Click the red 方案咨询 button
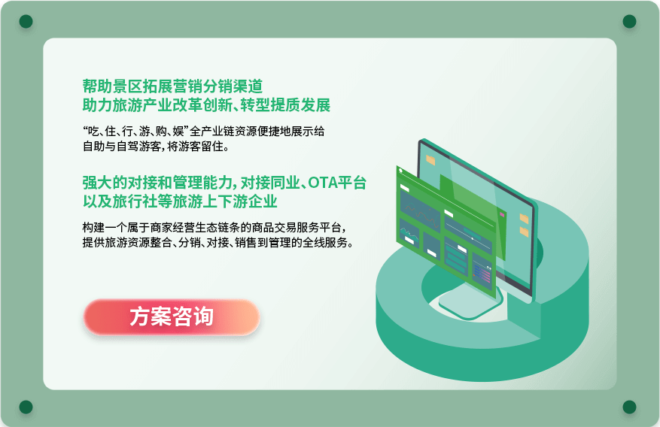[x=172, y=317]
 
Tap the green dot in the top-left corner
[x=26, y=21]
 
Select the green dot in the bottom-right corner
[x=629, y=407]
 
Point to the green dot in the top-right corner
[x=629, y=21]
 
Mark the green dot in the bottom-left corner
[x=26, y=407]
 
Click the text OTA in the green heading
[x=323, y=183]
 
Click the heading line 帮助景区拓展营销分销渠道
[x=172, y=86]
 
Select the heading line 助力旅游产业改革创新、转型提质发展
[x=206, y=105]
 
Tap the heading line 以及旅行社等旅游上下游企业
[x=180, y=201]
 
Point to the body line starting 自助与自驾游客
[x=156, y=147]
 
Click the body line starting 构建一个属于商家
[x=214, y=227]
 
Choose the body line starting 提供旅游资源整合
[x=217, y=243]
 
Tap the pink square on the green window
[x=502, y=215]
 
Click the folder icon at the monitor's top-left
[x=430, y=160]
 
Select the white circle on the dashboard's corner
[x=400, y=171]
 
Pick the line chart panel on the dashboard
[x=420, y=210]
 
